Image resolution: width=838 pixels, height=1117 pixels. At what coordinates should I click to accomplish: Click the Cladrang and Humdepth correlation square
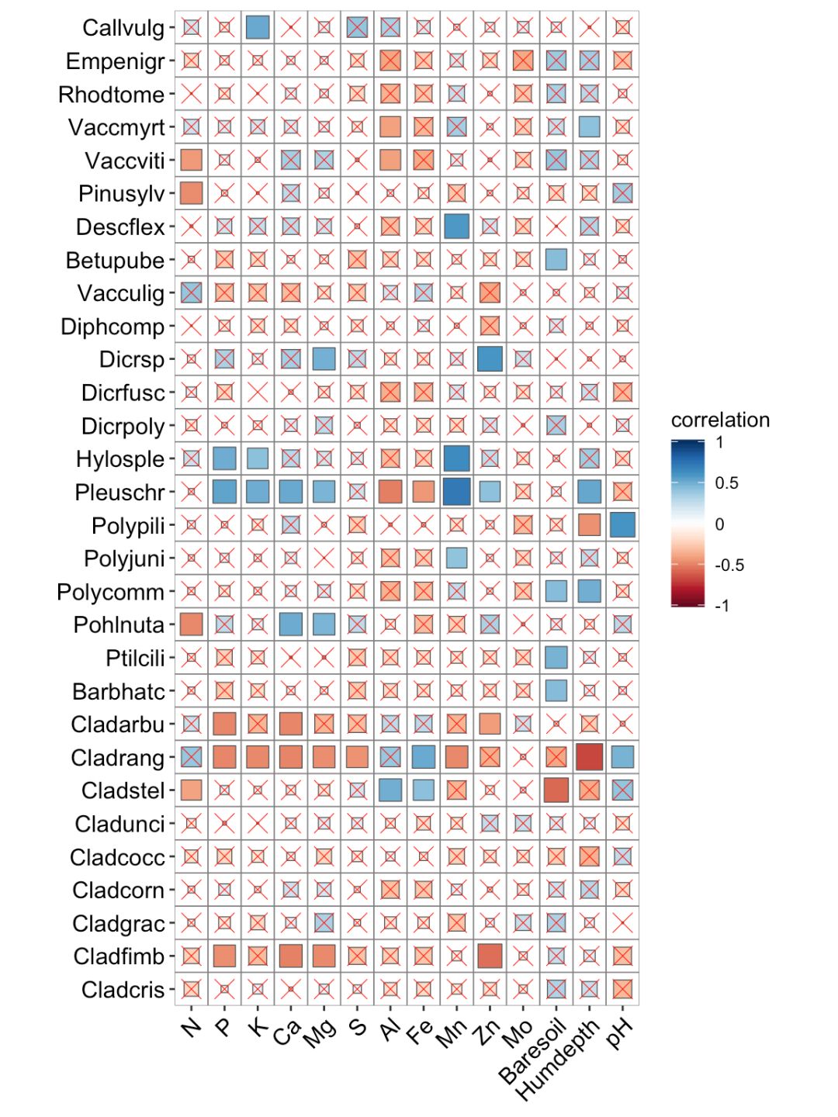coord(589,757)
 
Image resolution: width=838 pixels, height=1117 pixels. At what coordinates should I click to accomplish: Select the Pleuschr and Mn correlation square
coord(456,492)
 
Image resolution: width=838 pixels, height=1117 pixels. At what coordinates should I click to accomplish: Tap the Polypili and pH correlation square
coord(622,525)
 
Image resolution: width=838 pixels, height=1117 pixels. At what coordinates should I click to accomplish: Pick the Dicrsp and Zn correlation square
coord(490,359)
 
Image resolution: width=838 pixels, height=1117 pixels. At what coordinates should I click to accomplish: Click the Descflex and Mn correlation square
coord(456,227)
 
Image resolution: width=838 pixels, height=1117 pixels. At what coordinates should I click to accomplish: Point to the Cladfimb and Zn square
coord(490,956)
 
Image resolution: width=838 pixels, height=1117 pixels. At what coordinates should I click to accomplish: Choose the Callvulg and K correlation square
coord(258,28)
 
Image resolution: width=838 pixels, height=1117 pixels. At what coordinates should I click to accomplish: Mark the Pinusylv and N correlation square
coord(191,193)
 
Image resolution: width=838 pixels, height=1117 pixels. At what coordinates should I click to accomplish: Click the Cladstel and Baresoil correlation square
coord(556,790)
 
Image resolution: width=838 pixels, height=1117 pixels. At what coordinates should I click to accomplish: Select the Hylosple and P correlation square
coord(224,458)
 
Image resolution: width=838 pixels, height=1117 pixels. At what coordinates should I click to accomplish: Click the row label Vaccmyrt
coord(116,127)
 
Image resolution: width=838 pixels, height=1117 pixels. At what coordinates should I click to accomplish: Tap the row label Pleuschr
coord(119,493)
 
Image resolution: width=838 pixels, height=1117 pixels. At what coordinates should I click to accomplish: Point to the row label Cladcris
coord(123,990)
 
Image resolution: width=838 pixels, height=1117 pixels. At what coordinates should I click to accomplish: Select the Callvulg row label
coord(123,28)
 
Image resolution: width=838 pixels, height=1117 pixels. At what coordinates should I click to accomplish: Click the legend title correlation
coord(720,420)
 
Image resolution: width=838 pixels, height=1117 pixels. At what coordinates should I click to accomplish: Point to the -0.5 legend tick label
coord(729,565)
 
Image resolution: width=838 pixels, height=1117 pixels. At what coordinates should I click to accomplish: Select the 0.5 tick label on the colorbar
coord(726,483)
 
